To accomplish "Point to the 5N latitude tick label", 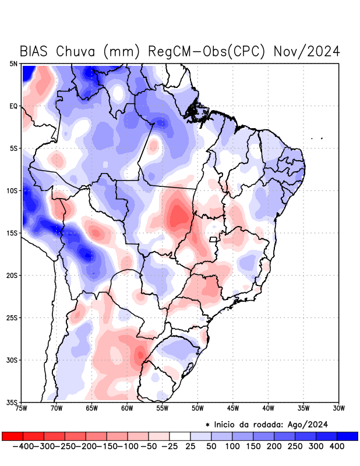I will coord(13,63).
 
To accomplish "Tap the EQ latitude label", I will coord(13,106).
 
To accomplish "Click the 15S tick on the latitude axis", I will coord(12,233).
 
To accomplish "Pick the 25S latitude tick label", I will coord(12,317).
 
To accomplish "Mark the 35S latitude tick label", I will coord(12,402).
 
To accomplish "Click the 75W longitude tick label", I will coord(22,409).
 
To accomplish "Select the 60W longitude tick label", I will coord(127,409).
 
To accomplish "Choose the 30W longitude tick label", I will coord(338,409).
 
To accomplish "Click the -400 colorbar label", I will coord(23,446).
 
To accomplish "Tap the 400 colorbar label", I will coord(336,446).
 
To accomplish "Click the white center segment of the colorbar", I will coord(180,436).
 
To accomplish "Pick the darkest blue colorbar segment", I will coord(347,436).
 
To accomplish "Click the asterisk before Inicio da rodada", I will coord(207,425).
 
